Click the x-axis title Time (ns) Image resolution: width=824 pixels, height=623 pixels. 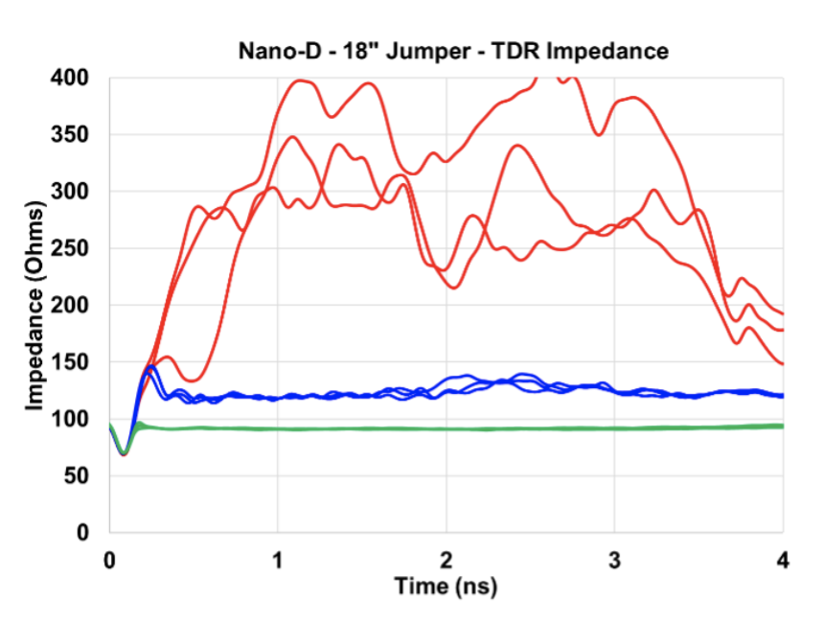coord(446,586)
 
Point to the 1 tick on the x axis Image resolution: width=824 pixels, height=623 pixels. coord(278,560)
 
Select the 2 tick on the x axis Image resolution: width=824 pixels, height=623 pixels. coord(446,560)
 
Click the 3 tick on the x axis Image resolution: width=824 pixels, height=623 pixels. coord(615,560)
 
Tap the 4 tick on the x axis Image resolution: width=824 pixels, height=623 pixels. coord(784,560)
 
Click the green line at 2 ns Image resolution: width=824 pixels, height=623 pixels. coord(446,428)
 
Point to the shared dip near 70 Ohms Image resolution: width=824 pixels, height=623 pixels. coord(123,453)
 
